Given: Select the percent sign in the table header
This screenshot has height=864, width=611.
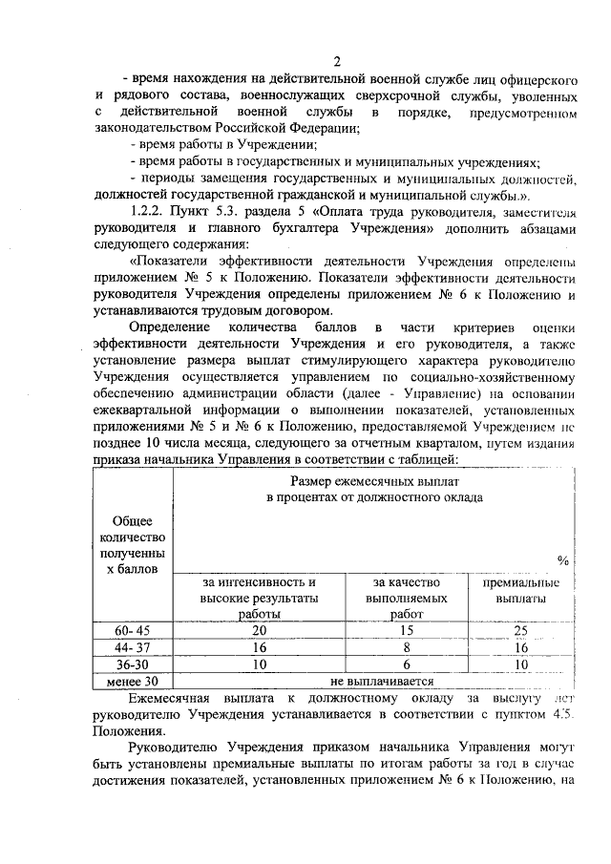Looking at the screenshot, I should (x=562, y=558).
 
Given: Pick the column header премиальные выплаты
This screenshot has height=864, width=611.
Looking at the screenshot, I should (x=521, y=590).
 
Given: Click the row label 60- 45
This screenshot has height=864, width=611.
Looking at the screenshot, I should (x=132, y=630).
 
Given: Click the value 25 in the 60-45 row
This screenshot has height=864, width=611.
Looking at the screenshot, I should (x=520, y=630).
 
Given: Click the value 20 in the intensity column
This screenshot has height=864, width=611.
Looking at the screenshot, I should (x=259, y=630).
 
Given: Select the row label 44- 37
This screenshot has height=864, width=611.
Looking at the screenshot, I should (x=132, y=647).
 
